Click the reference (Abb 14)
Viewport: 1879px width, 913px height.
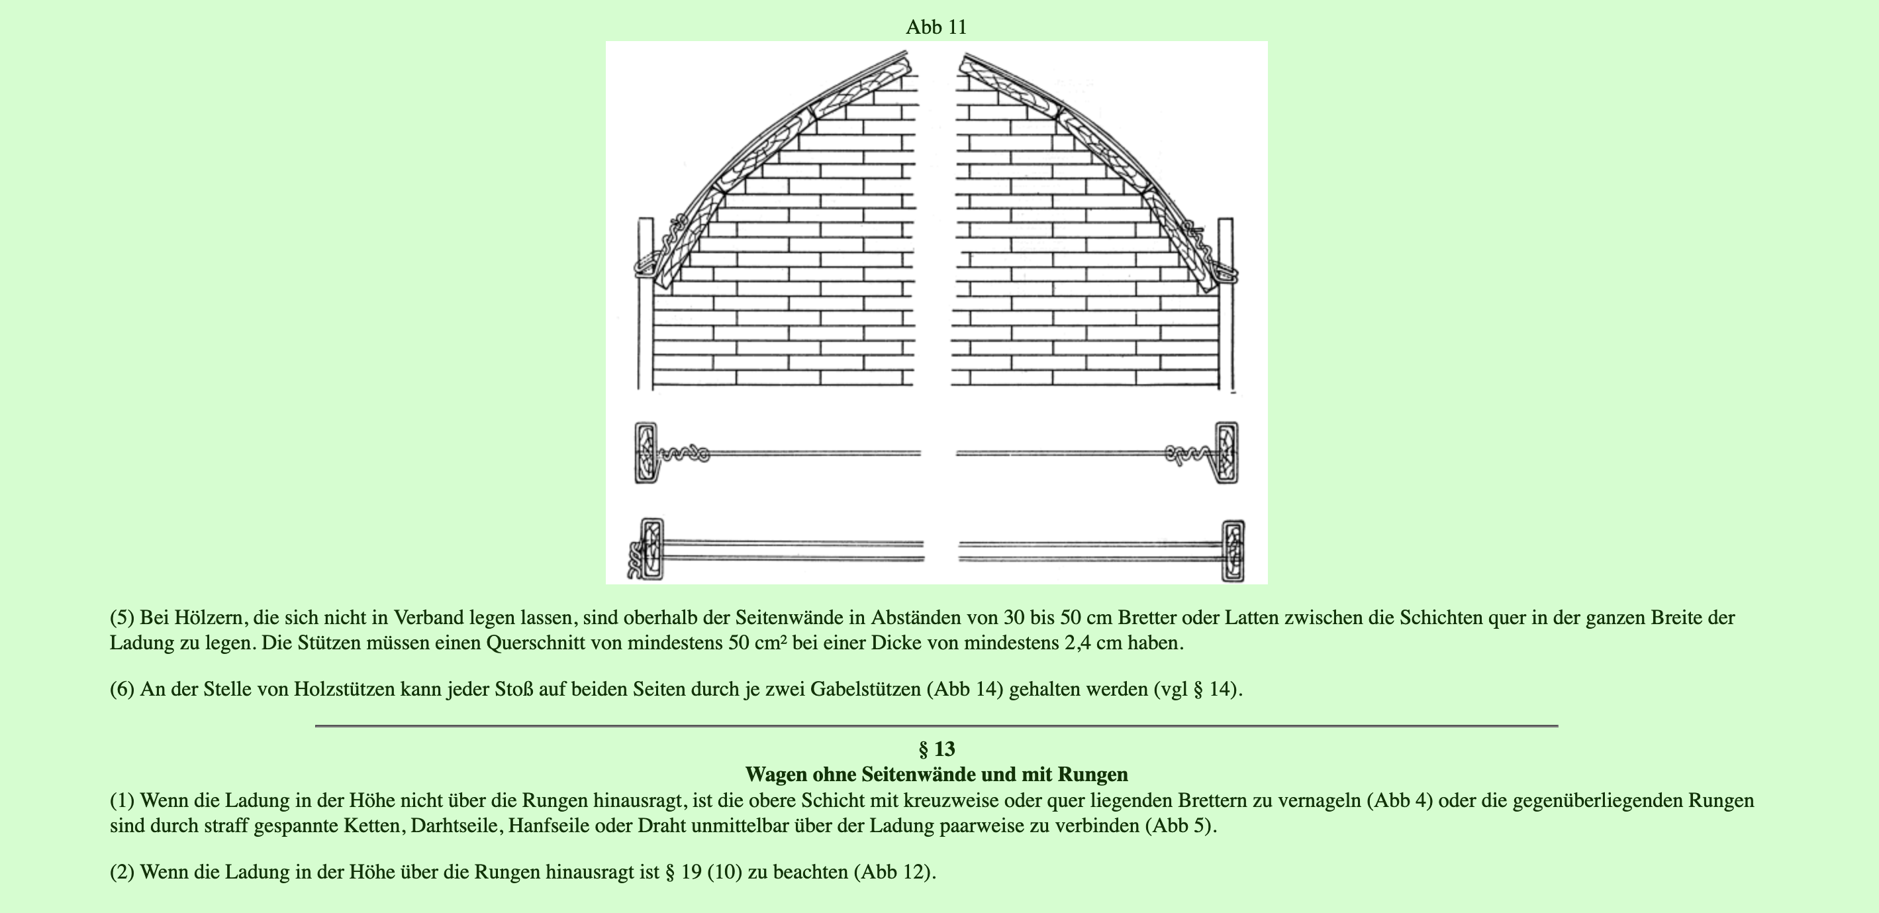click(x=965, y=689)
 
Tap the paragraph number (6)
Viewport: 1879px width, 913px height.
click(x=122, y=689)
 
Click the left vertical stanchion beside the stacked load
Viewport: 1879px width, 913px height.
click(x=645, y=307)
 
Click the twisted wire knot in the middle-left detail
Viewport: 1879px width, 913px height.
click(x=684, y=454)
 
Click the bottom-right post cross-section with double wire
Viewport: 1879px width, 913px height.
click(x=1233, y=551)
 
